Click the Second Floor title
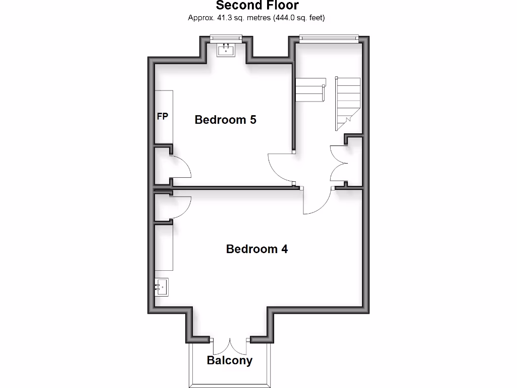(257, 6)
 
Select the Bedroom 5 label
(225, 120)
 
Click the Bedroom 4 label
(256, 249)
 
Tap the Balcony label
(230, 361)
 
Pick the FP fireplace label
(163, 117)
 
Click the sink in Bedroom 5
(226, 50)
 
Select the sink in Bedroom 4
(162, 287)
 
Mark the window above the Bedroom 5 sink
(226, 37)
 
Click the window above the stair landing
(329, 37)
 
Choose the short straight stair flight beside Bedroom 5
(309, 90)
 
